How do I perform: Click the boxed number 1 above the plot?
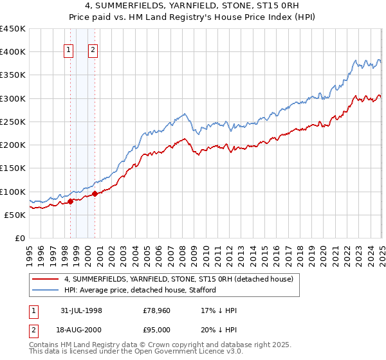tap(69, 52)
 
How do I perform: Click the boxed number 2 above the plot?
tap(93, 52)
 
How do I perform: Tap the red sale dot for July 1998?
tap(70, 201)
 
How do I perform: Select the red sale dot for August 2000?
tap(95, 194)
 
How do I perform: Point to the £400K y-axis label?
tap(13, 52)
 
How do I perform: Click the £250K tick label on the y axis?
tap(13, 122)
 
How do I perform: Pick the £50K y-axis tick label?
tap(15, 215)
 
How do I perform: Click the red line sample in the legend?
tap(46, 280)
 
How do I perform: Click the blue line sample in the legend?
tap(46, 290)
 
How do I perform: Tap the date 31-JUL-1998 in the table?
tap(80, 310)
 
